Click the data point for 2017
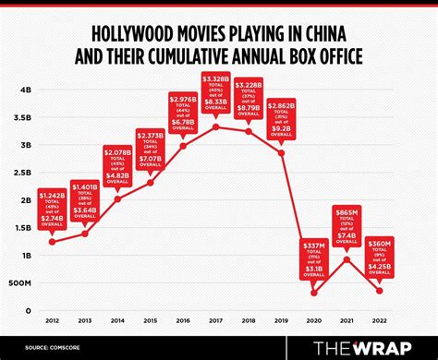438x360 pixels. click(216, 126)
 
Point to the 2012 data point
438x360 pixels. click(51, 242)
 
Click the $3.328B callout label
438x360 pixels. click(216, 96)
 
